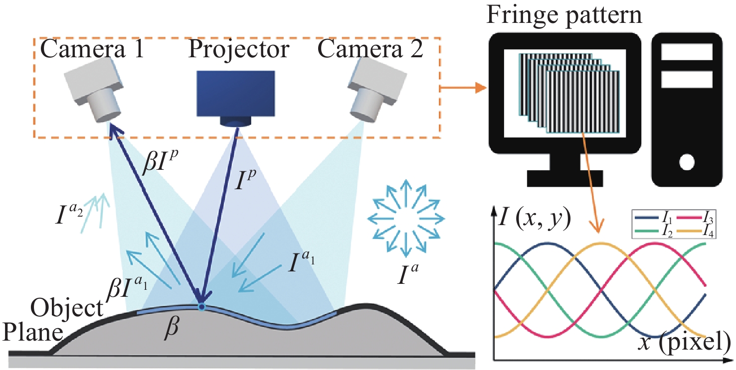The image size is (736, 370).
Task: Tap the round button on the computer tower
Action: [x=687, y=161]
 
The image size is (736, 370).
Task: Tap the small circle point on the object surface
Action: [x=201, y=307]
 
